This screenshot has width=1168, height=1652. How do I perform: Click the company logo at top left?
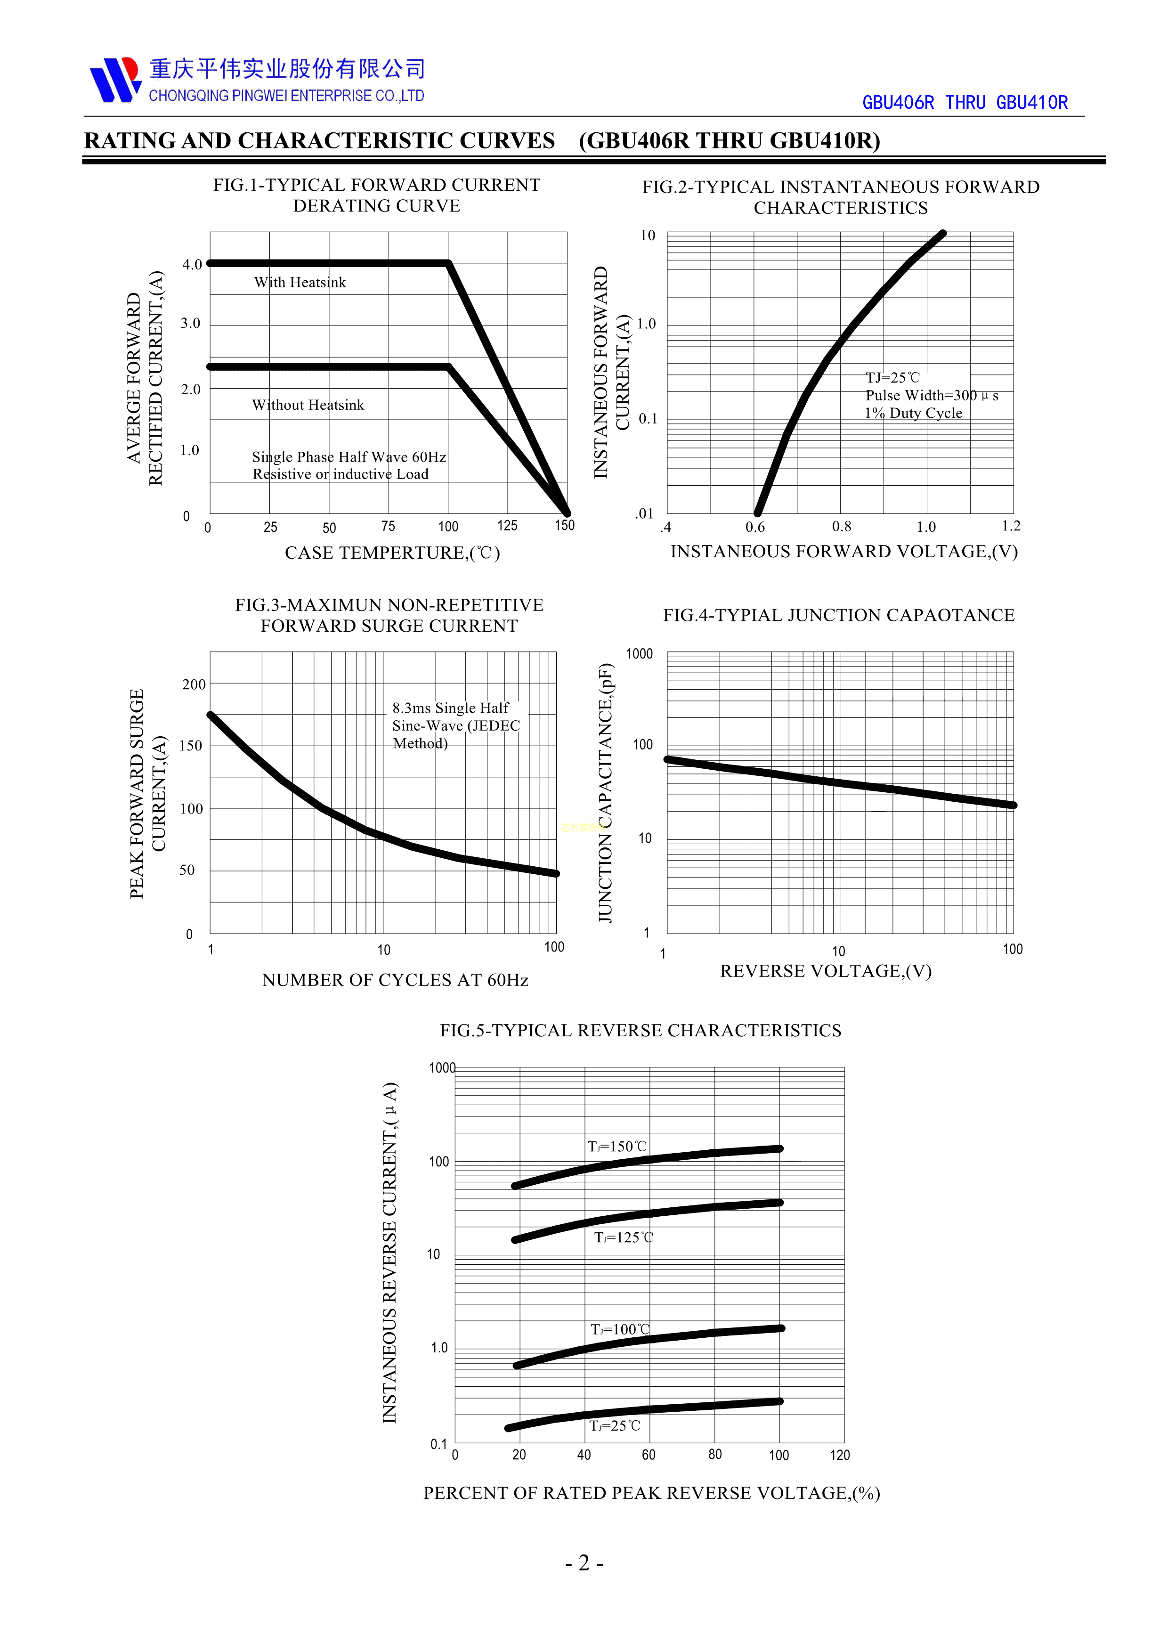point(115,80)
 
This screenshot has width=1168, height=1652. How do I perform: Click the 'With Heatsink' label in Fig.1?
point(300,283)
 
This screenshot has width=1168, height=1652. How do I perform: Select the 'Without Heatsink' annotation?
point(308,405)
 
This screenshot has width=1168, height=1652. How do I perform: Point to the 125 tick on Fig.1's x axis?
point(507,526)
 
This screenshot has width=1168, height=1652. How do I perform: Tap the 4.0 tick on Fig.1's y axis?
point(192,265)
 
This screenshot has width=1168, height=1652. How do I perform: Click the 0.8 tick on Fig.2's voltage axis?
point(842,527)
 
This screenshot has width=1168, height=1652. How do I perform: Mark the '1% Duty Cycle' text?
point(913,413)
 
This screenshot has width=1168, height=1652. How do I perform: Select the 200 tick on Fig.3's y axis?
point(194,684)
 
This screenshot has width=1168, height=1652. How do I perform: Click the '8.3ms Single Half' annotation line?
point(450,708)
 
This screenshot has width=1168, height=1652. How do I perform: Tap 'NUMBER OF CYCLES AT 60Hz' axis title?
point(395,980)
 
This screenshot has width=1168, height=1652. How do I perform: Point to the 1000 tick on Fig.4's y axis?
point(640,654)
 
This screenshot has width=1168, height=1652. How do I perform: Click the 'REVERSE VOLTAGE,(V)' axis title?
point(826,971)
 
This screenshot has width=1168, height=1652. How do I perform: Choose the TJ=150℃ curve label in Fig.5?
point(617,1146)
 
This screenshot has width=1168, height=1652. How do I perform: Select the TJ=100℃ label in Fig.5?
point(620,1330)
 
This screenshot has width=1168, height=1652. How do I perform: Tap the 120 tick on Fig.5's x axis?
point(839,1455)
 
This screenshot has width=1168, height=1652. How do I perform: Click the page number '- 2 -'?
point(584,1563)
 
